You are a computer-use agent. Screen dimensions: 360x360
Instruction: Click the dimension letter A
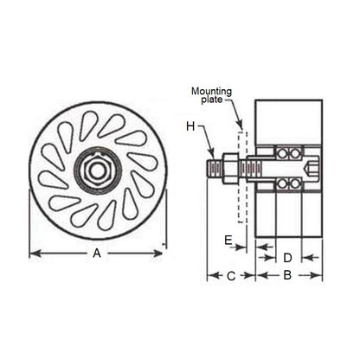98,254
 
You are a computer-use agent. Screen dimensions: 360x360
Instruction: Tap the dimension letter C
230,276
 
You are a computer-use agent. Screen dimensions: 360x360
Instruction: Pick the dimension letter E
228,241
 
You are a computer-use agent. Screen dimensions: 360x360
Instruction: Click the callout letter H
190,127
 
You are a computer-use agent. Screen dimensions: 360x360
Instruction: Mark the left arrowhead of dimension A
33,254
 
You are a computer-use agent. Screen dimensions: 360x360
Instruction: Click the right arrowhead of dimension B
319,276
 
